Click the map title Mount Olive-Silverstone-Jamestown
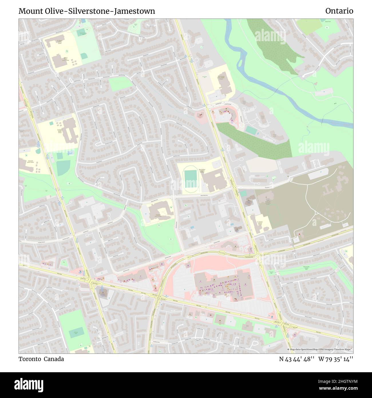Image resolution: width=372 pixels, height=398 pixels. pos(87,11)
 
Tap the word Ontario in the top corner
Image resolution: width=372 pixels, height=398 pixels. pos(339,11)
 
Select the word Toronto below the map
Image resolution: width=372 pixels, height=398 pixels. pos(30,359)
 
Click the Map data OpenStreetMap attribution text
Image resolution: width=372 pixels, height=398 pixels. pos(319,349)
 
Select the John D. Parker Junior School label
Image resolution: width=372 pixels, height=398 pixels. pos(66,59)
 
